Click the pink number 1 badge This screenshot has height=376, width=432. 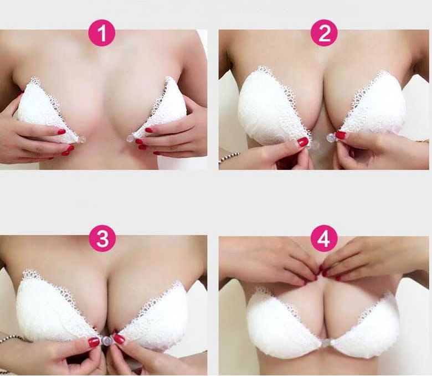point(102,33)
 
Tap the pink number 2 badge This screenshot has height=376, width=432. point(324,33)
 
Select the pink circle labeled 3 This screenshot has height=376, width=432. point(102,239)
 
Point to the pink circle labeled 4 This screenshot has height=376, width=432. point(324,239)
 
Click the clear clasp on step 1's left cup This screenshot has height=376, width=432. point(81,140)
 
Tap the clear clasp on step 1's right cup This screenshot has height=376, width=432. point(130,138)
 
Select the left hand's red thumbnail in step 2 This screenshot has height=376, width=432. point(303,142)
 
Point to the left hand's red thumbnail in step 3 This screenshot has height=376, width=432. point(94,342)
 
